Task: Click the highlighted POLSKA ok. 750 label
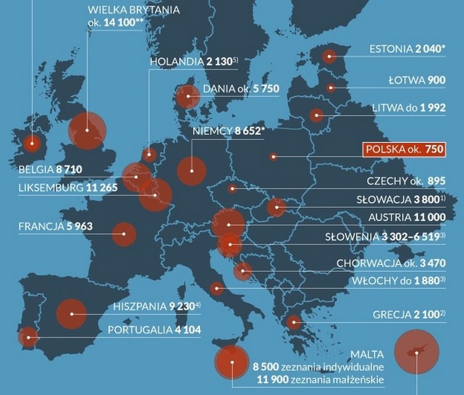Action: pyautogui.click(x=404, y=150)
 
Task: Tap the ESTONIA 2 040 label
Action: pyautogui.click(x=406, y=49)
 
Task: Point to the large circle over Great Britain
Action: pyautogui.click(x=87, y=130)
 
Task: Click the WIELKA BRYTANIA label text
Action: pyautogui.click(x=133, y=10)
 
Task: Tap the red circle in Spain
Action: pyautogui.click(x=72, y=313)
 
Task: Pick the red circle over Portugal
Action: pyautogui.click(x=27, y=337)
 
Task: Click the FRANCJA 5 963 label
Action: pyautogui.click(x=56, y=226)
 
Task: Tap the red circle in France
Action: pyautogui.click(x=124, y=234)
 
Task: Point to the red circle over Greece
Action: pyautogui.click(x=294, y=322)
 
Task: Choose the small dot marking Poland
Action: pyautogui.click(x=273, y=157)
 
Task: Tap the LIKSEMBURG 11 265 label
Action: pyautogui.click(x=67, y=188)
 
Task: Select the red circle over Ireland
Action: pyautogui.click(x=31, y=143)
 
